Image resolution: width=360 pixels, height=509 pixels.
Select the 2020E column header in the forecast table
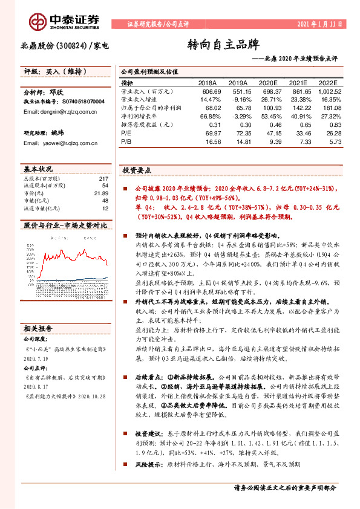click(x=267, y=82)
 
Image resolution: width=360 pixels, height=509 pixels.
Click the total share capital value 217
click(x=103, y=179)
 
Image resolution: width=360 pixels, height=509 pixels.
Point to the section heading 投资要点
click(x=136, y=170)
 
